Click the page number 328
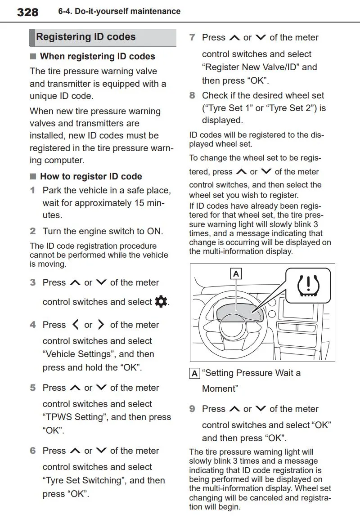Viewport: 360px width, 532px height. [x=27, y=12]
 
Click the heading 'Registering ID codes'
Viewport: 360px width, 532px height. [x=86, y=36]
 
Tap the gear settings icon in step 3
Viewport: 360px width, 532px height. [x=161, y=301]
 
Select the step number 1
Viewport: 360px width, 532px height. [x=32, y=190]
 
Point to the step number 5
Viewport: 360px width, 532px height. [x=32, y=388]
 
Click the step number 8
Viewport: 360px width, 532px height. [x=192, y=95]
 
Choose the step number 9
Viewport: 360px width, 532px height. [x=192, y=409]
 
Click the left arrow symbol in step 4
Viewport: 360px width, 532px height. [x=76, y=324]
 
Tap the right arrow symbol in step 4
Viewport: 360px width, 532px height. [x=101, y=324]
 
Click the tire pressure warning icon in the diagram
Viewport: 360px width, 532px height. [x=308, y=286]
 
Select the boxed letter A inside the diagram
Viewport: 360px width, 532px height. [x=236, y=274]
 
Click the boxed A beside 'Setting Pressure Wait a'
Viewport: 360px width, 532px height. [x=194, y=374]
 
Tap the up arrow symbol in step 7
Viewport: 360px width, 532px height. [x=235, y=37]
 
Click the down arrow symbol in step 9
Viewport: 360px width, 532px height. [x=261, y=408]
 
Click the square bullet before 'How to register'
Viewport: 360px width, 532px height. [x=33, y=176]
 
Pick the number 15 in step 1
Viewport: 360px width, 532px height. [x=139, y=203]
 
